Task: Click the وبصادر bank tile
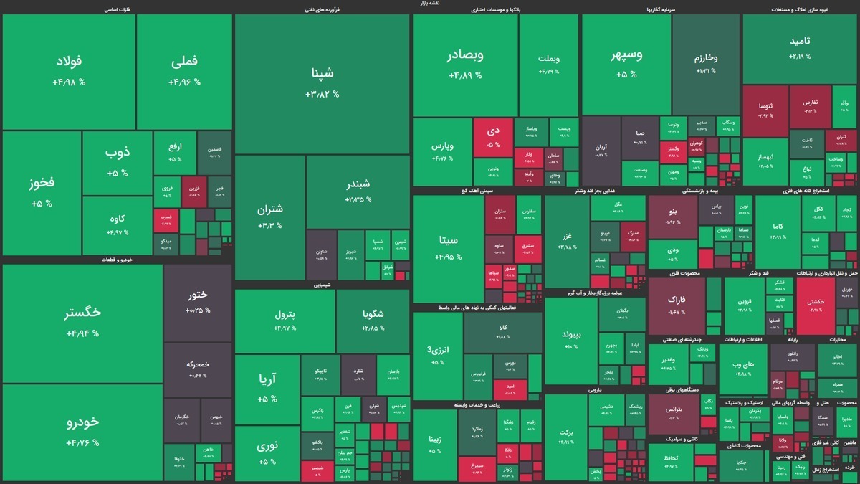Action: coord(465,65)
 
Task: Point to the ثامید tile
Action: coord(800,49)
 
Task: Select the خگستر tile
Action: coord(82,323)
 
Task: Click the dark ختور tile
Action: coord(197,301)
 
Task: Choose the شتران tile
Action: coord(269,217)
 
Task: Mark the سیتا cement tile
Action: coord(448,247)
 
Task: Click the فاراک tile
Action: coord(676,305)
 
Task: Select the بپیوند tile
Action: coord(570,341)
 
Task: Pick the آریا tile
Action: coord(267,387)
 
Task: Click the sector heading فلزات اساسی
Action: coord(117,10)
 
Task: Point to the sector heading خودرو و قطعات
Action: coord(118,260)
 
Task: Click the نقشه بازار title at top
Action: coord(430,4)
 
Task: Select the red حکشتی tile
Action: coord(815,307)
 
